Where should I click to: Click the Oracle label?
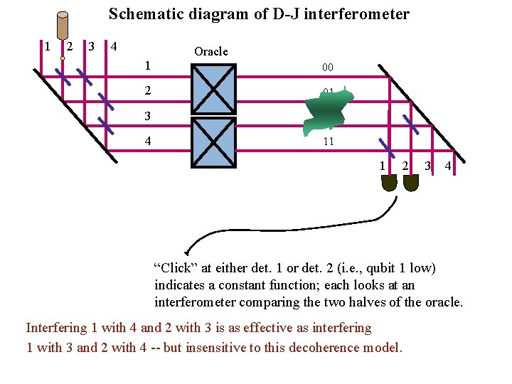[x=211, y=51]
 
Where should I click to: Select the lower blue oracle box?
[x=213, y=141]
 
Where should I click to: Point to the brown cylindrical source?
[x=62, y=26]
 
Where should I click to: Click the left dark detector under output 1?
[x=388, y=183]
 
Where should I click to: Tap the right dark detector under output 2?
[x=410, y=183]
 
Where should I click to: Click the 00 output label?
[x=328, y=68]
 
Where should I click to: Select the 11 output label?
[x=328, y=142]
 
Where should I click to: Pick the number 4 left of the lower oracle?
[x=147, y=141]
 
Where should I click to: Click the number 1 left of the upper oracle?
[x=147, y=65]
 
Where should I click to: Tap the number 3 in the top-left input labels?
[x=91, y=47]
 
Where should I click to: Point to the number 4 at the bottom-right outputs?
[x=448, y=166]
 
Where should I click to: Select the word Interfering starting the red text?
[x=55, y=328]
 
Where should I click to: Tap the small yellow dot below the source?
[x=63, y=59]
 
